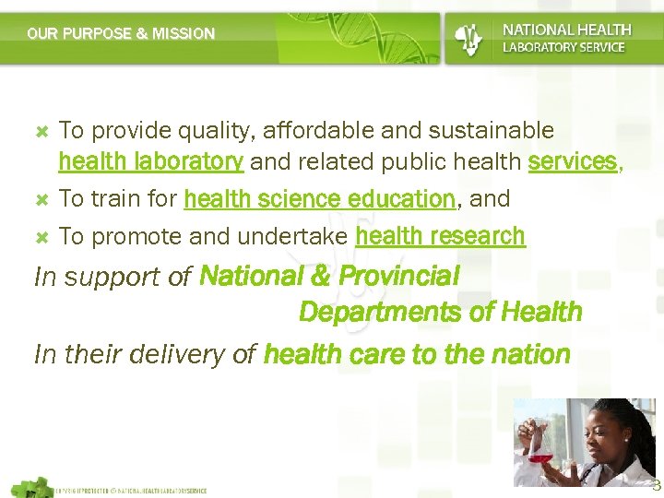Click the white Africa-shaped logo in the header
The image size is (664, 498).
coord(468,38)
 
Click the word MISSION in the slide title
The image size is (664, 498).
coord(184,34)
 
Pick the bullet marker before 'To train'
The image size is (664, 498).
coord(41,199)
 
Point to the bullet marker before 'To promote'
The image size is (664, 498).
coord(41,237)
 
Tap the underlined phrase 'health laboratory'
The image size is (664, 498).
coord(150,162)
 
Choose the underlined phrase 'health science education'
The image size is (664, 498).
coord(319,199)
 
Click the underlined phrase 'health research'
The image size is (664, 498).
coord(440,237)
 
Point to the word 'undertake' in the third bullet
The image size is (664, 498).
coord(293,237)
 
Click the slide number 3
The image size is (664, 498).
coord(656,486)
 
